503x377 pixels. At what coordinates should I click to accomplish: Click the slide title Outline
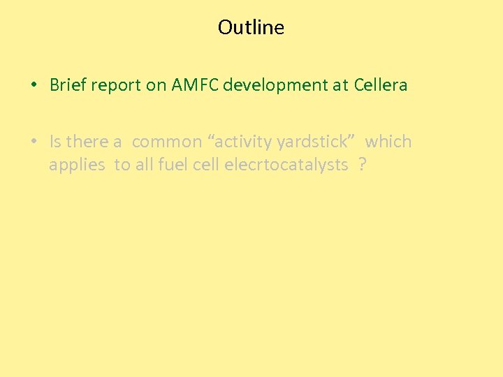pyautogui.click(x=251, y=27)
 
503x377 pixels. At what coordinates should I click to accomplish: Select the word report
pyautogui.click(x=116, y=85)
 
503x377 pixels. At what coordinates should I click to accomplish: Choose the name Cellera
pyautogui.click(x=381, y=85)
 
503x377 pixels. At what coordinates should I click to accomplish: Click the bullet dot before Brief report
pyautogui.click(x=34, y=86)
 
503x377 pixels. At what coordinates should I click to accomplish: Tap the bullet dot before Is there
pyautogui.click(x=34, y=142)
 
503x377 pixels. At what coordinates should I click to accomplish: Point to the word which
pyautogui.click(x=388, y=142)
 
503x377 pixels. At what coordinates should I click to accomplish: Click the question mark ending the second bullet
pyautogui.click(x=361, y=164)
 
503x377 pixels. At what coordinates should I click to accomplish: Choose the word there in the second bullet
pyautogui.click(x=87, y=142)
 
